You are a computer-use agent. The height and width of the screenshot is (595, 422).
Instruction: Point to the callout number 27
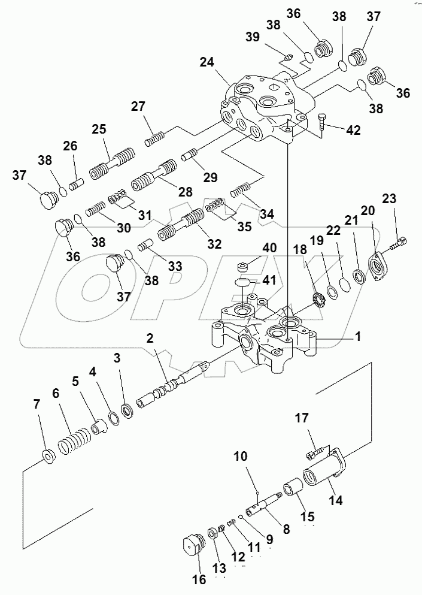pos(139,107)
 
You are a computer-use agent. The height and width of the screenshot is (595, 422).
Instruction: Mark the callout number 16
pos(198,579)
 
